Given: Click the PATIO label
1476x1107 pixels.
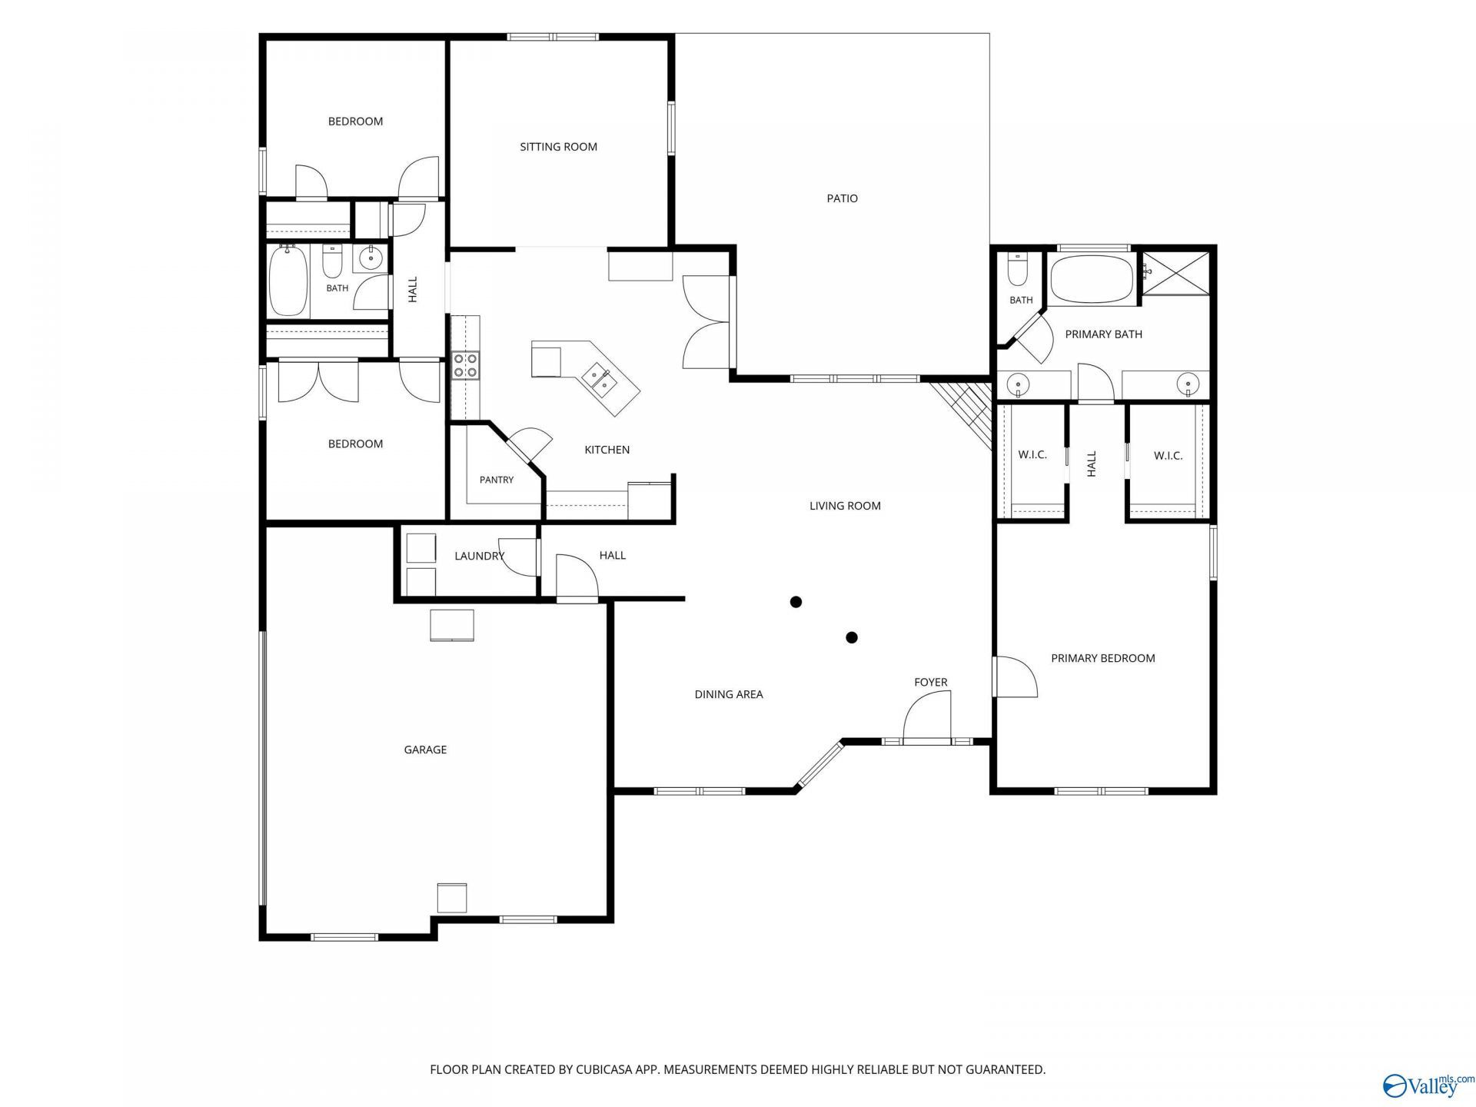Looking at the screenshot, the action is pyautogui.click(x=842, y=198).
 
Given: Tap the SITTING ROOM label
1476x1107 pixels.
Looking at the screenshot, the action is pyautogui.click(x=558, y=147).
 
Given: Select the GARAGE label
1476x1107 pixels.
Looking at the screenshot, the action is pyautogui.click(x=425, y=750).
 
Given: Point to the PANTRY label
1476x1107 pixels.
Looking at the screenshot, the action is pyautogui.click(x=497, y=480).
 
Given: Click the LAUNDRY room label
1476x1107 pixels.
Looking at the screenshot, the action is pyautogui.click(x=479, y=556).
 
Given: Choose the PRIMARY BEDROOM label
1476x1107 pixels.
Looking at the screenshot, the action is pyautogui.click(x=1103, y=658).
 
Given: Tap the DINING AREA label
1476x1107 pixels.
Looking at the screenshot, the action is pyautogui.click(x=729, y=694).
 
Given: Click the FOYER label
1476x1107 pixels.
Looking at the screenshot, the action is pyautogui.click(x=930, y=682).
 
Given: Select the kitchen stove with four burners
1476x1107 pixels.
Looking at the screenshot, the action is pyautogui.click(x=465, y=365).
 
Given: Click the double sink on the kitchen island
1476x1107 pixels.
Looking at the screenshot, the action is pyautogui.click(x=597, y=378).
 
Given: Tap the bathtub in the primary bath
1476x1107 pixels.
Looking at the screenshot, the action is pyautogui.click(x=1091, y=280).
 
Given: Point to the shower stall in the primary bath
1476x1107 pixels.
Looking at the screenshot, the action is pyautogui.click(x=1175, y=272).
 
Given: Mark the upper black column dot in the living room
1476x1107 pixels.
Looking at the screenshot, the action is pyautogui.click(x=796, y=602).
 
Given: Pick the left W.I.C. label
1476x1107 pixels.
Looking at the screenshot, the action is pyautogui.click(x=1032, y=455).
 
